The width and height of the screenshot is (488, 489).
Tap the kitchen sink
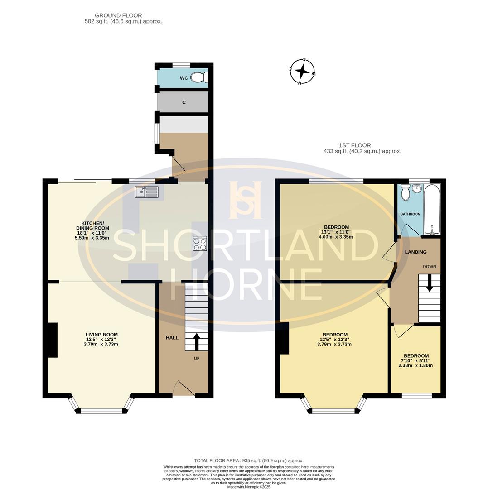tap(147, 192)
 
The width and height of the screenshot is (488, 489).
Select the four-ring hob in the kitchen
tap(200, 243)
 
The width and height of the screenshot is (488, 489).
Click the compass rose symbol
tap(302, 72)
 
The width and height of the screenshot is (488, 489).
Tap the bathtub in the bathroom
tap(432, 209)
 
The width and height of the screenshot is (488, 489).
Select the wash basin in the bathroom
tap(416, 188)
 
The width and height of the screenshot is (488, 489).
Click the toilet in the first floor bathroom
tap(406, 192)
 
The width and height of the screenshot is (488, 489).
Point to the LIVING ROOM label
tap(101, 334)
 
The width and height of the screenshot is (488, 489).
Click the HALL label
tap(172, 337)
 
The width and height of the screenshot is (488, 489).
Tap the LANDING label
tap(416, 252)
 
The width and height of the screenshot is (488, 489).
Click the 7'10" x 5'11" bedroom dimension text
tap(416, 361)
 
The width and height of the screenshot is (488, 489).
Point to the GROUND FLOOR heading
tap(118, 15)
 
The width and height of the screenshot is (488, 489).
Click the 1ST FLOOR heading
tap(355, 145)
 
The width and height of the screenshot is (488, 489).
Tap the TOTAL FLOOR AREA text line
tap(249, 460)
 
